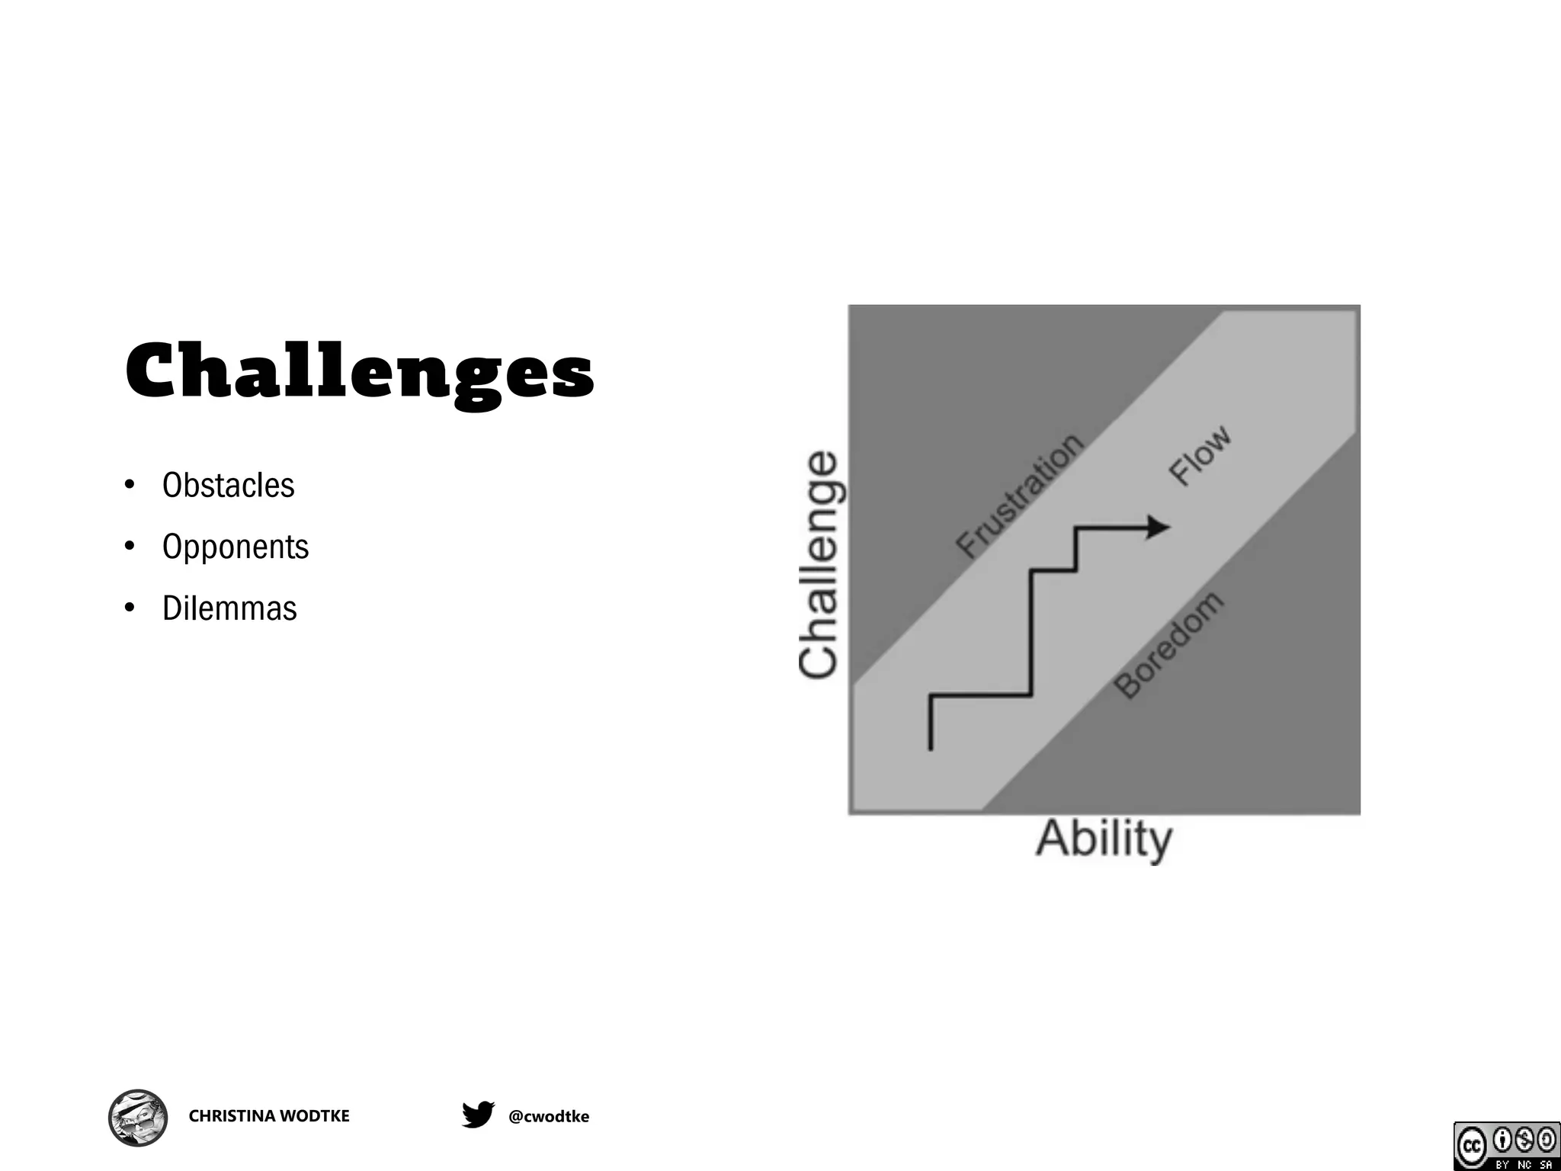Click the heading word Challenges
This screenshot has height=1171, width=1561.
click(x=359, y=372)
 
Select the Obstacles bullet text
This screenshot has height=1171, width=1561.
click(x=228, y=486)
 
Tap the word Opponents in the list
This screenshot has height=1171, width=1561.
click(x=236, y=547)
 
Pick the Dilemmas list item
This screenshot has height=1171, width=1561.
click(x=229, y=608)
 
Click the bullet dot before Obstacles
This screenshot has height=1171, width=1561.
click(x=130, y=485)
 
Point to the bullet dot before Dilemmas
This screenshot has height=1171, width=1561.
click(x=130, y=608)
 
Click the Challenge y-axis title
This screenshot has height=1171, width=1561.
click(x=819, y=563)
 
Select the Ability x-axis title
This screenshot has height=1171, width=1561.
click(x=1104, y=839)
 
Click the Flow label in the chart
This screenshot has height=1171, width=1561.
click(x=1200, y=455)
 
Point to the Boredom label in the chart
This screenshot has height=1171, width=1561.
click(x=1168, y=645)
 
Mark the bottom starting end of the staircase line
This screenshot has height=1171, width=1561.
click(x=931, y=747)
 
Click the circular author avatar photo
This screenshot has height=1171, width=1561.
click(x=138, y=1118)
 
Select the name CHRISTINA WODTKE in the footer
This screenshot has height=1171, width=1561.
click(x=269, y=1116)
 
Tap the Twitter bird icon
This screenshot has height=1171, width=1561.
click(x=478, y=1115)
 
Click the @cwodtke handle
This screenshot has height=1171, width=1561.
click(x=549, y=1117)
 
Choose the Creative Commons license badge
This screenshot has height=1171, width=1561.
click(x=1506, y=1146)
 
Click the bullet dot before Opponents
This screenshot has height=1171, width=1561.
click(x=130, y=546)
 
